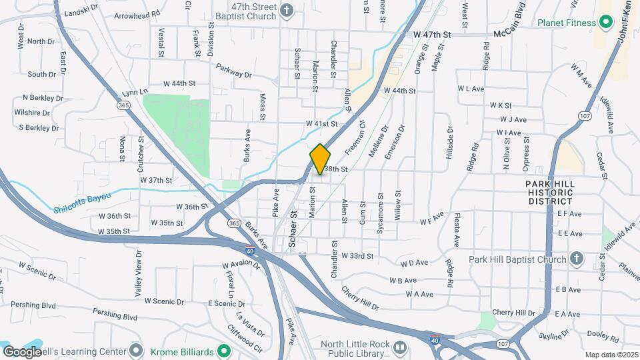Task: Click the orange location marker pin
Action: point(321,159)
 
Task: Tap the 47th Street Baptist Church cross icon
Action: point(287,11)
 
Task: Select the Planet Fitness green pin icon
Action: point(606,23)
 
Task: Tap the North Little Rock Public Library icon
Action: point(400,347)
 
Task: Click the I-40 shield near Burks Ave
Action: point(249,251)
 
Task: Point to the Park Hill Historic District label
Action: point(549,192)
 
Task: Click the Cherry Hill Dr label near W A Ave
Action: point(360,299)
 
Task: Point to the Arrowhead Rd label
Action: point(137,14)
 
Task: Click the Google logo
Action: point(22,351)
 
